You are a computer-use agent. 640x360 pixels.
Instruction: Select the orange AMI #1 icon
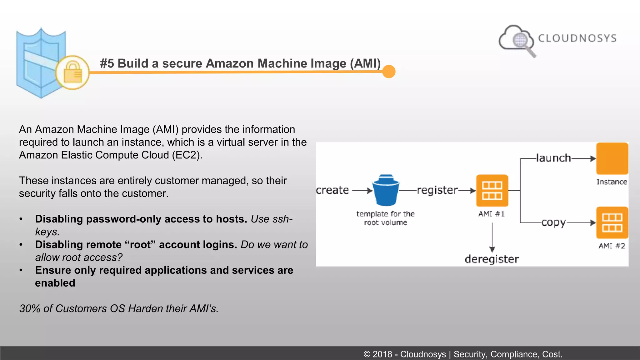tap(492, 190)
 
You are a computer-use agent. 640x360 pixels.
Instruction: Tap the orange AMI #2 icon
tap(612, 223)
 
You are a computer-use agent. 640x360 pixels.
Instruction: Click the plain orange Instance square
tap(612, 158)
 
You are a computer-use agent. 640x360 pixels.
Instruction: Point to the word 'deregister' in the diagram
tap(492, 259)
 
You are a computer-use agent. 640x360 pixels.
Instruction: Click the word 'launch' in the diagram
tap(553, 158)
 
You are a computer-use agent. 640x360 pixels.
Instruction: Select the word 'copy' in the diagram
tap(553, 222)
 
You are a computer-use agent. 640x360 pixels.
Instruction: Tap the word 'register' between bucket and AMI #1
tap(437, 190)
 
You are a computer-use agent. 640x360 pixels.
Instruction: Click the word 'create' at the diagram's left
tap(332, 190)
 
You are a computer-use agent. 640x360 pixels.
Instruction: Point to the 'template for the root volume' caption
tap(385, 218)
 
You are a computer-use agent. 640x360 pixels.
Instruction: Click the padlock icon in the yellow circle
tap(72, 72)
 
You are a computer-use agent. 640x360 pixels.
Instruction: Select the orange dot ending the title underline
tap(389, 72)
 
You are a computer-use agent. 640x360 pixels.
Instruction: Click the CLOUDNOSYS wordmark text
tap(577, 38)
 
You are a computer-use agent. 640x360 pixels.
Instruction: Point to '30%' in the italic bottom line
tap(30, 308)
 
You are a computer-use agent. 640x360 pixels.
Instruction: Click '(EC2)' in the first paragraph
tap(187, 155)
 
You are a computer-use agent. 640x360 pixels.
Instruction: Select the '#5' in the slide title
tap(107, 63)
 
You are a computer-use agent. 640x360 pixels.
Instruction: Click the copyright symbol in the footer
tap(367, 354)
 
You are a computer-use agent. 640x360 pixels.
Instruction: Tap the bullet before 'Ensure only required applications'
tap(21, 270)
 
